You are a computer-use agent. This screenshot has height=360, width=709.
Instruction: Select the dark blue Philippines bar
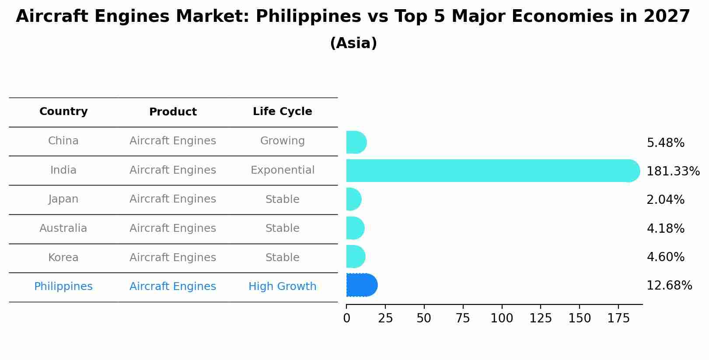pyautogui.click(x=361, y=285)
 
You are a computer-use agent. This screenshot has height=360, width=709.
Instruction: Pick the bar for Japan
pyautogui.click(x=353, y=199)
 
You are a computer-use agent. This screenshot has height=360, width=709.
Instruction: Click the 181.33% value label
pyautogui.click(x=673, y=171)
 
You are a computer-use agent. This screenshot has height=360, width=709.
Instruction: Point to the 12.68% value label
pyautogui.click(x=669, y=286)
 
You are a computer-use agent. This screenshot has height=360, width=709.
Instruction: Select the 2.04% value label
pyautogui.click(x=665, y=200)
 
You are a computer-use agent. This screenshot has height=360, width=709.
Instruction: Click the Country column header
pyautogui.click(x=63, y=112)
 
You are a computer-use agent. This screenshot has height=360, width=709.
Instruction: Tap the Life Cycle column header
pyautogui.click(x=282, y=112)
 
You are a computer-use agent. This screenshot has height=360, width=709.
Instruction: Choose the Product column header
pyautogui.click(x=173, y=112)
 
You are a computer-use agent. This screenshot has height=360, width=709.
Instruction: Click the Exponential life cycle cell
pyautogui.click(x=282, y=170)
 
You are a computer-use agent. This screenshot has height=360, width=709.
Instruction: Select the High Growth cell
pyautogui.click(x=282, y=287)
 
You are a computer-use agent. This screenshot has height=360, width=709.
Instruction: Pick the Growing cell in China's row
pyautogui.click(x=282, y=141)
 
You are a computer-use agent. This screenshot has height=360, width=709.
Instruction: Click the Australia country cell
pyautogui.click(x=63, y=228)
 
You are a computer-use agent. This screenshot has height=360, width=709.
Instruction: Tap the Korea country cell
pyautogui.click(x=63, y=258)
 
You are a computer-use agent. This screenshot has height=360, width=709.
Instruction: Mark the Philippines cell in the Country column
pyautogui.click(x=63, y=287)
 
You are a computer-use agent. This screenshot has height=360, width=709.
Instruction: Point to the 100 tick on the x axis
pyautogui.click(x=502, y=318)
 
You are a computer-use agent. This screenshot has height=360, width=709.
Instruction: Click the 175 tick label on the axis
pyautogui.click(x=618, y=318)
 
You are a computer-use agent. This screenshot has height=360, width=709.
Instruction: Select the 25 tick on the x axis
pyautogui.click(x=385, y=318)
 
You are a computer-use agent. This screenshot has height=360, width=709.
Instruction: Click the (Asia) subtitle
pyautogui.click(x=353, y=43)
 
